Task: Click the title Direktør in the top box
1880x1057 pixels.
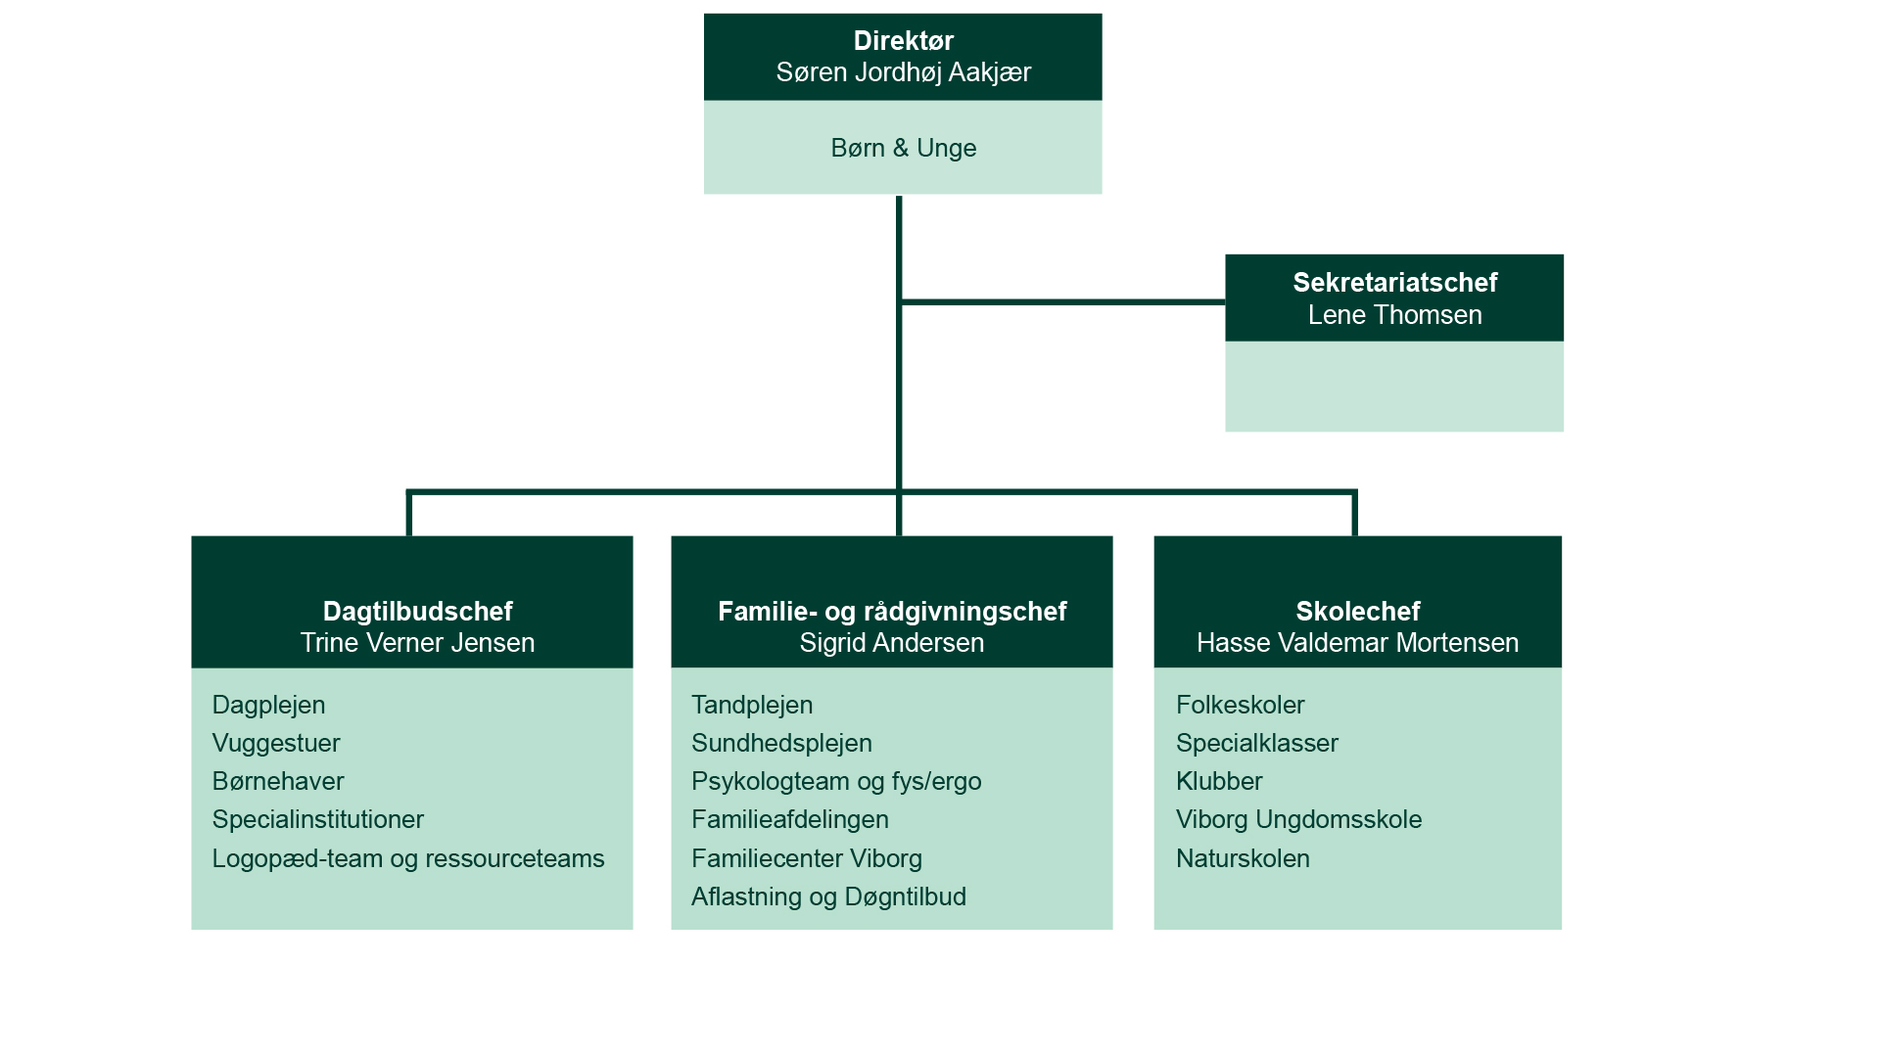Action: pyautogui.click(x=903, y=41)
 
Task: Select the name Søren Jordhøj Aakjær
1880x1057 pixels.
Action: pyautogui.click(x=903, y=72)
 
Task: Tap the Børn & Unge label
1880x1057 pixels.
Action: pyautogui.click(x=903, y=148)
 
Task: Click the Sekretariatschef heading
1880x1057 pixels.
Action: pyautogui.click(x=1394, y=283)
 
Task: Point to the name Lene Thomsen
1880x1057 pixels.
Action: pyautogui.click(x=1394, y=315)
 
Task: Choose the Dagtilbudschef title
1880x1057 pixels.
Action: pyautogui.click(x=417, y=612)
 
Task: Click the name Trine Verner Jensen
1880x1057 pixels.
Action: pyautogui.click(x=417, y=643)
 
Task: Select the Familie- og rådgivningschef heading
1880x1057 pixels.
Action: pyautogui.click(x=892, y=612)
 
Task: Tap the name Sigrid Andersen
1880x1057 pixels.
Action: pyautogui.click(x=892, y=643)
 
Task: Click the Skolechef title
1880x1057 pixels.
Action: pyautogui.click(x=1357, y=612)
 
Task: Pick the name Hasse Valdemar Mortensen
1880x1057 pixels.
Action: pyautogui.click(x=1357, y=643)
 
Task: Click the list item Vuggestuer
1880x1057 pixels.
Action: pyautogui.click(x=276, y=744)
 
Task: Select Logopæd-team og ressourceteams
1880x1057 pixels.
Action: pyautogui.click(x=408, y=858)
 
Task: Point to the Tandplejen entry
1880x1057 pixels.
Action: pyautogui.click(x=752, y=706)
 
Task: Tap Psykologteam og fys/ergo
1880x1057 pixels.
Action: pyautogui.click(x=836, y=782)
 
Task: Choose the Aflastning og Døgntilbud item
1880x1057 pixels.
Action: pyautogui.click(x=828, y=896)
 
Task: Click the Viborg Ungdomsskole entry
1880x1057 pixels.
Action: pyautogui.click(x=1298, y=820)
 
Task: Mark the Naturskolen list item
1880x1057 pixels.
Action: pyautogui.click(x=1243, y=858)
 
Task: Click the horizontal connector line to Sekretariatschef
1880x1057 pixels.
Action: pyautogui.click(x=1062, y=301)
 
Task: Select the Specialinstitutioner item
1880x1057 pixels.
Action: pyautogui.click(x=317, y=820)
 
